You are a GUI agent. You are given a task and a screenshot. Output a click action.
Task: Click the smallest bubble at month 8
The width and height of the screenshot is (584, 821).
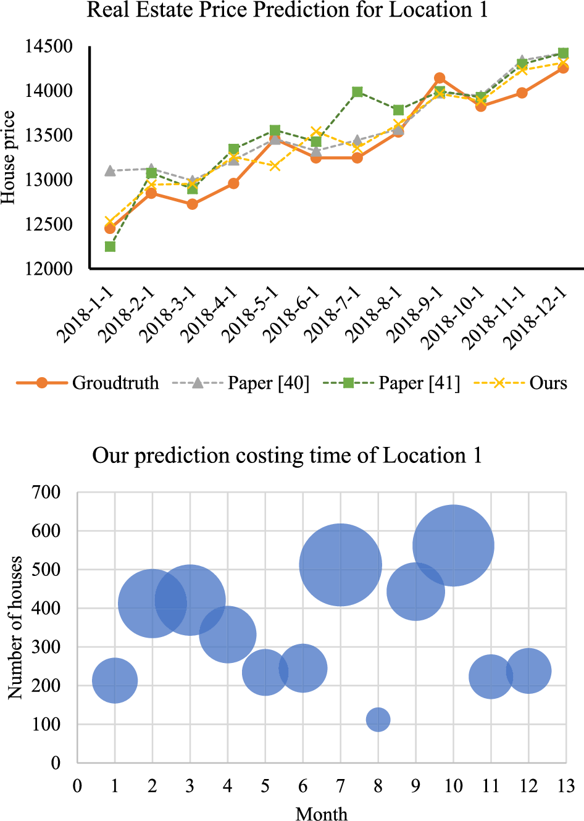(x=378, y=719)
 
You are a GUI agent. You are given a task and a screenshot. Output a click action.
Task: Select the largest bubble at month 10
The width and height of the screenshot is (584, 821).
(x=453, y=545)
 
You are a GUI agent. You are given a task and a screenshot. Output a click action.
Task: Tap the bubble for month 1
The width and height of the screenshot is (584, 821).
(x=115, y=680)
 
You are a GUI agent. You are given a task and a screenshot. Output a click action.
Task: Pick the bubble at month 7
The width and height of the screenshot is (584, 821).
(x=340, y=565)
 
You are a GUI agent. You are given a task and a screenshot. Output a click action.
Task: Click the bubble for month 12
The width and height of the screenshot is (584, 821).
(x=528, y=671)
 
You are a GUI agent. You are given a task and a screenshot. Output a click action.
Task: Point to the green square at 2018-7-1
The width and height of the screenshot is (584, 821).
(x=357, y=92)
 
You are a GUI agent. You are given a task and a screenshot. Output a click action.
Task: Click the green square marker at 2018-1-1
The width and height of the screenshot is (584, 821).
(x=110, y=246)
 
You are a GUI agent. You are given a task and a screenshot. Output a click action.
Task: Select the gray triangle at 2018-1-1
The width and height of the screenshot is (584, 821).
(x=110, y=170)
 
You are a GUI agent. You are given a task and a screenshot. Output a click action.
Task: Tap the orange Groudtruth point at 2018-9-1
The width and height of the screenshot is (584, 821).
(x=440, y=78)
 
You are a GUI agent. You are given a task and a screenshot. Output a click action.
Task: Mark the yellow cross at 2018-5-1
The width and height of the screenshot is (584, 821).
(x=275, y=165)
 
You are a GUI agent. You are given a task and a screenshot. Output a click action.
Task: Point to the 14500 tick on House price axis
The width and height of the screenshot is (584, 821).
(x=49, y=46)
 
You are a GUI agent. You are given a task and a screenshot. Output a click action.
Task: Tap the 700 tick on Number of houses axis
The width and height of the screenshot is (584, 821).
(x=46, y=493)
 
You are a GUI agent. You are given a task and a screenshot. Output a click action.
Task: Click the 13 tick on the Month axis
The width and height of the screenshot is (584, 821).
(x=566, y=786)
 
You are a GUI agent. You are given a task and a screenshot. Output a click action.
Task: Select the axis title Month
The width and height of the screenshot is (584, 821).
(x=321, y=814)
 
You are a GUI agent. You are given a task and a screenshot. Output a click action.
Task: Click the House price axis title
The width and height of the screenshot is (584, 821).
(x=8, y=157)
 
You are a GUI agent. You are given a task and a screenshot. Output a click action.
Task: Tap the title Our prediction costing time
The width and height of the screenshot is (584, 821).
(x=287, y=456)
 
